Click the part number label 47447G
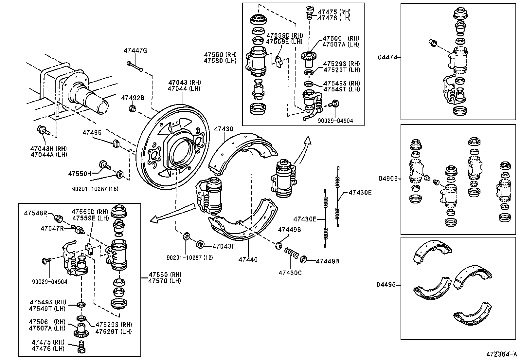(x=135, y=50)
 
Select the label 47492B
(x=133, y=98)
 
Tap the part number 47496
(x=92, y=132)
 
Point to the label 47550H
(x=80, y=174)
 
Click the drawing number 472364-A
(x=501, y=354)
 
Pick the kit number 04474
(x=388, y=57)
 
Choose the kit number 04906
(x=388, y=179)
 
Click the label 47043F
(x=224, y=246)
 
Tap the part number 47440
(x=248, y=260)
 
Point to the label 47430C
(x=290, y=273)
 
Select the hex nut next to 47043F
(x=200, y=244)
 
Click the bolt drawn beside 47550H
(x=104, y=164)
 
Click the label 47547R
(x=52, y=228)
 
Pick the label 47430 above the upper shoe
(x=224, y=129)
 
